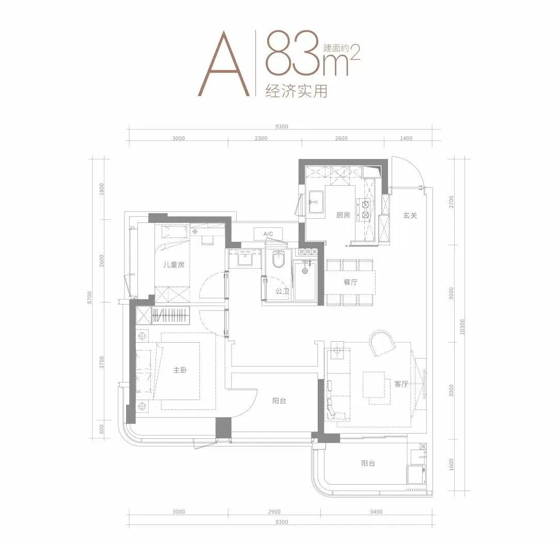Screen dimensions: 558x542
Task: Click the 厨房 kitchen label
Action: [x=344, y=215]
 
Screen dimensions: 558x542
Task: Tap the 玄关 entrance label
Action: [x=410, y=215]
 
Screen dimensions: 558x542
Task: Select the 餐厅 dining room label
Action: [x=350, y=282]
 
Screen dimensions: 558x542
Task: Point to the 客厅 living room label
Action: [x=401, y=384]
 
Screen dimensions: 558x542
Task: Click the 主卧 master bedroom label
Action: [x=180, y=370]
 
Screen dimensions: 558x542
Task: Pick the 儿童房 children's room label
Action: [x=174, y=265]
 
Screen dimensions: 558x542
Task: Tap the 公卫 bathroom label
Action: [x=282, y=291]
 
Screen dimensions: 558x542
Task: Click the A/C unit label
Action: [x=268, y=234]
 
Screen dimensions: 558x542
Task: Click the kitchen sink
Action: [x=317, y=202]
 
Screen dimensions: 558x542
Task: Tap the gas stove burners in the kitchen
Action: [x=365, y=210]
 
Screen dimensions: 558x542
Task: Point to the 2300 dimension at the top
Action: [x=261, y=138]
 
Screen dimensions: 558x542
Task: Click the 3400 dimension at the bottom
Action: [x=376, y=512]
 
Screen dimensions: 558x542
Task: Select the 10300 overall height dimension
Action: [x=462, y=326]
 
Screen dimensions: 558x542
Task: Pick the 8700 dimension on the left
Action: [x=90, y=297]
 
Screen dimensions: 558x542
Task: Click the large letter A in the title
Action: [x=224, y=63]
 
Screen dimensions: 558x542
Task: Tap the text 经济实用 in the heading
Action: [x=296, y=91]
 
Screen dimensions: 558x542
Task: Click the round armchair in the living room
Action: [x=382, y=343]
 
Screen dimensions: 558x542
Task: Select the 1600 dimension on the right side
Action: [x=452, y=465]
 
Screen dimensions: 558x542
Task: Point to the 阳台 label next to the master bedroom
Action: [x=280, y=401]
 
